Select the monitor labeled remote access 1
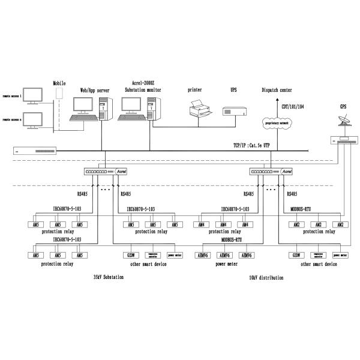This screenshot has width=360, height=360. coord(34,94)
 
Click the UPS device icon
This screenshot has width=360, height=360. coord(233,111)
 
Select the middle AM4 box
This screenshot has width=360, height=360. coord(222,224)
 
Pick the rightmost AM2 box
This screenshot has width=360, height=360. coord(341,224)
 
